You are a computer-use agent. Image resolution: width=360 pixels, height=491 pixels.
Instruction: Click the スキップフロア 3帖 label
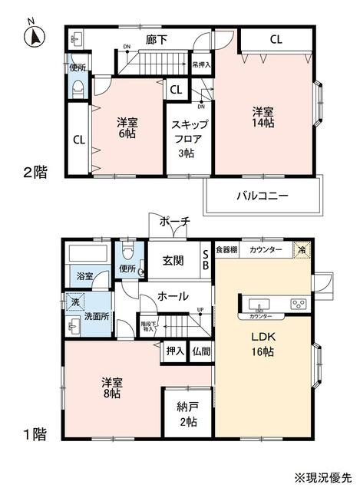click(x=188, y=140)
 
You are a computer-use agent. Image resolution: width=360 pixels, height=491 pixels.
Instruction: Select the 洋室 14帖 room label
click(x=264, y=118)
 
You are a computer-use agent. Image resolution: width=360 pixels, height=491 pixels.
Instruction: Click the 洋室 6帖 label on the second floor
click(x=127, y=128)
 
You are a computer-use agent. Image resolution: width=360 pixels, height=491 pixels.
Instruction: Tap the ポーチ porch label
click(x=175, y=222)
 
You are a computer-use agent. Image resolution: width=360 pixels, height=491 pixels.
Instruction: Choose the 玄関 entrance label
click(x=173, y=261)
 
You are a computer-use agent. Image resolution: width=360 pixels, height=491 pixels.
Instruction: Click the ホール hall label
click(x=173, y=295)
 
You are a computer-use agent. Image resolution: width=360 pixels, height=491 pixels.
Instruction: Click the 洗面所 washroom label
click(x=97, y=315)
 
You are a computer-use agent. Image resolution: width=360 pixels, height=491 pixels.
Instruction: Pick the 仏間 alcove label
click(x=201, y=351)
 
